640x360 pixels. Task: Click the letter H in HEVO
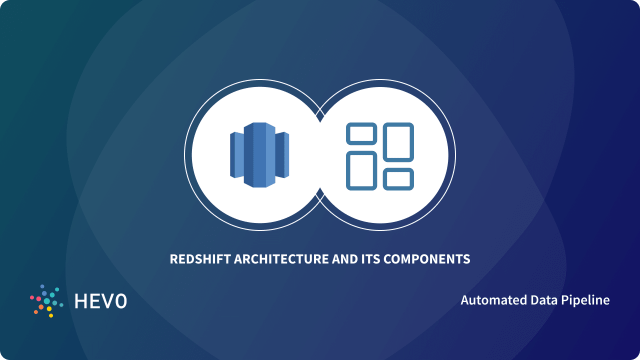[x=80, y=301]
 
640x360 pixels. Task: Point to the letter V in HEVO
[x=107, y=301]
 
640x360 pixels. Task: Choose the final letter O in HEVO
[x=120, y=301]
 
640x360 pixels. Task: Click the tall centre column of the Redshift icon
[x=259, y=155]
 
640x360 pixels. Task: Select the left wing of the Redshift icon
[x=236, y=155]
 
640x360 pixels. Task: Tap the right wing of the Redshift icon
[x=282, y=155]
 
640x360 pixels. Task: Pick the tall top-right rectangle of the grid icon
[x=398, y=142]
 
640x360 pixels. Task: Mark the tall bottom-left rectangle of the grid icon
[x=361, y=170]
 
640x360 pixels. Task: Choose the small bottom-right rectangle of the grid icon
[x=398, y=179]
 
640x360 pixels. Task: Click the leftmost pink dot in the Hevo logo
[x=32, y=297]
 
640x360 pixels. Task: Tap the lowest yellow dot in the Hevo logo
[x=50, y=315]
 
